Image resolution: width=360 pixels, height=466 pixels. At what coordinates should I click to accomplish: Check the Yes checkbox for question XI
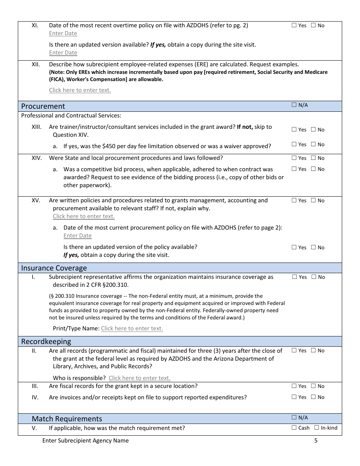[294, 25]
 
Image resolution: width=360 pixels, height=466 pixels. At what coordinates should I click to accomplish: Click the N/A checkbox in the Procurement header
[294, 105]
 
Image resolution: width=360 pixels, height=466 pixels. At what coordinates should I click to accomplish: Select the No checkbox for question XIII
[313, 130]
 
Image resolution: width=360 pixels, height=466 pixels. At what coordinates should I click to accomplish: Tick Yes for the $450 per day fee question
[294, 144]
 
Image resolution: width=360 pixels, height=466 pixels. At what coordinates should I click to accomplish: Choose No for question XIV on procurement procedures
[313, 158]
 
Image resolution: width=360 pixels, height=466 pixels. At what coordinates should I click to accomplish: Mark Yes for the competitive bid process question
[294, 169]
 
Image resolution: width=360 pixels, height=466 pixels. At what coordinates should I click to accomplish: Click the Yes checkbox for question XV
[294, 200]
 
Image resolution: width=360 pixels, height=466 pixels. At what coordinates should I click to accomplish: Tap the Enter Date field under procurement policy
[77, 236]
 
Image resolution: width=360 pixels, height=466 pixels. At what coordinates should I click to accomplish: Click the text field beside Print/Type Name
[132, 328]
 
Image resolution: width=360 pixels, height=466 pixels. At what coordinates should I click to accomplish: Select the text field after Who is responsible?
[139, 378]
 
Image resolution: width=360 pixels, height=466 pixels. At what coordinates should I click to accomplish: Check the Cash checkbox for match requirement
[294, 428]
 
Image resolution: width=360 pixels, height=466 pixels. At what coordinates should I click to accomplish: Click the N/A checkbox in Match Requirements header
[294, 418]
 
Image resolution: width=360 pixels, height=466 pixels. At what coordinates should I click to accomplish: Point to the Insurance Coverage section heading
[54, 268]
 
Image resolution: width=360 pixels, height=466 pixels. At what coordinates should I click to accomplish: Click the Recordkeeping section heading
[46, 341]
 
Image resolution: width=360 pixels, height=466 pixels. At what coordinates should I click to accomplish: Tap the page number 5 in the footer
[316, 440]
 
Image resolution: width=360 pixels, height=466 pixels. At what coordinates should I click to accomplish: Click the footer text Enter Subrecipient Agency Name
[85, 440]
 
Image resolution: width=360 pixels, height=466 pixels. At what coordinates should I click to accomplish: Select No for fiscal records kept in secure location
[313, 386]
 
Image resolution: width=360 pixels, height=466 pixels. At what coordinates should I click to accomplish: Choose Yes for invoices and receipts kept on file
[294, 397]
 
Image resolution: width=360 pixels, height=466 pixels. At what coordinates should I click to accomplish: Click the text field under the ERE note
[80, 90]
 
